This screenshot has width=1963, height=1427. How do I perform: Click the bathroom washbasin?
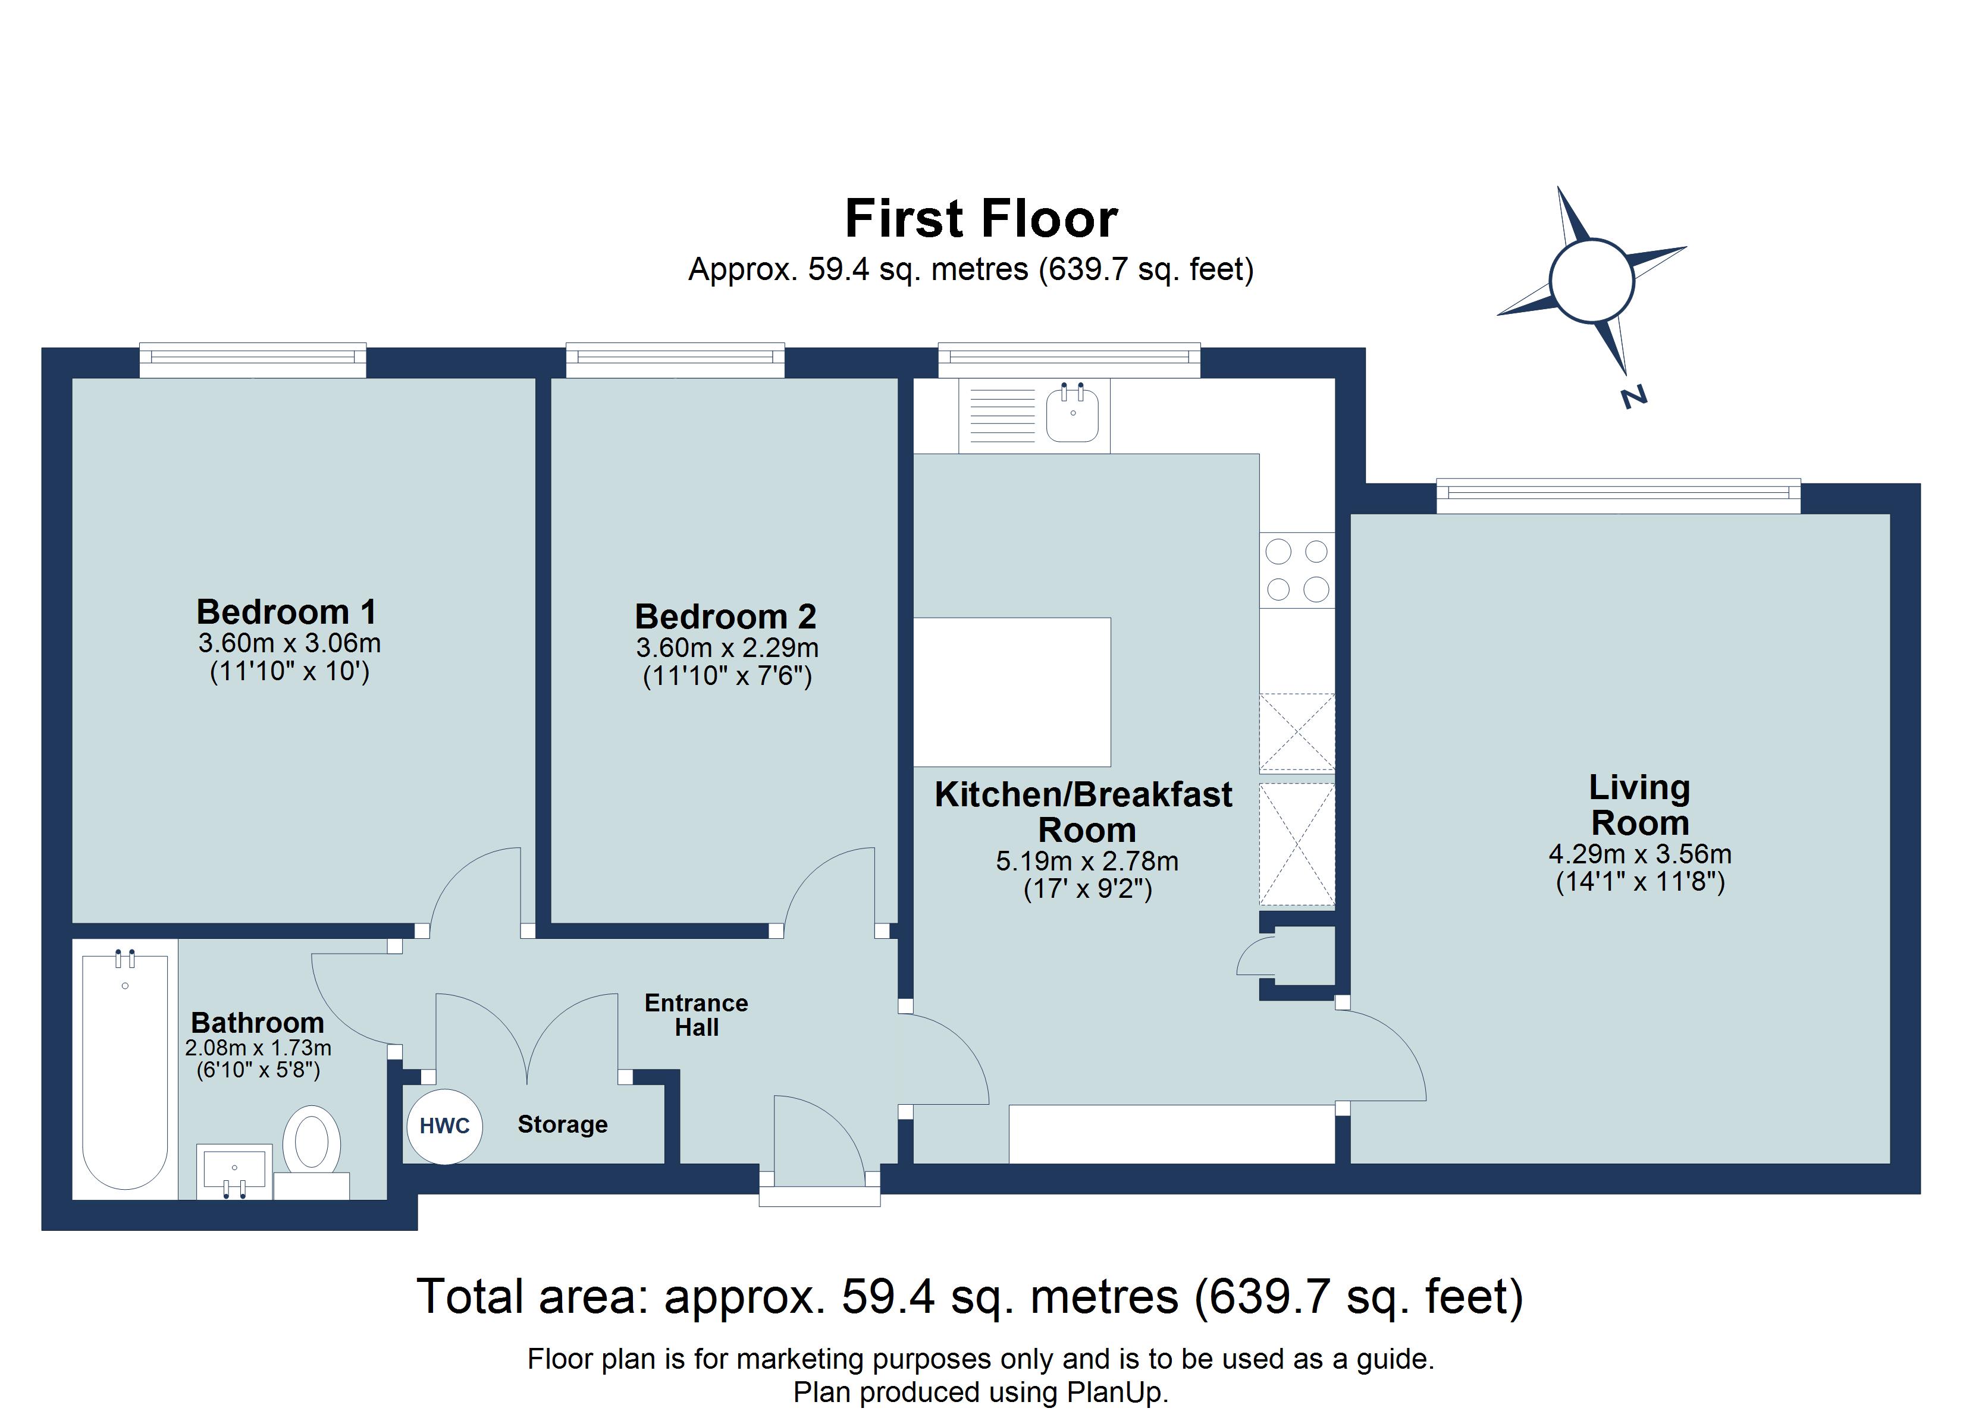coord(234,1170)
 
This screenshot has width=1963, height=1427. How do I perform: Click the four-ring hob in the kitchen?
coord(1297,570)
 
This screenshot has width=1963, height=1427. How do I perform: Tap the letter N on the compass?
coord(1632,397)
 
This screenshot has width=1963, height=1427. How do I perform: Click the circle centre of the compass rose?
coord(1591,281)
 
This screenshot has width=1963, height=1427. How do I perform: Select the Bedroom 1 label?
coord(287,612)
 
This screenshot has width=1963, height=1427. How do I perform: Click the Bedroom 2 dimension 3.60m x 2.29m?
coord(727,648)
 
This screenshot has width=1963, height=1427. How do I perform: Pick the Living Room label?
coord(1639,805)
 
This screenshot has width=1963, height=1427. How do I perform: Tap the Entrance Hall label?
coord(696,1015)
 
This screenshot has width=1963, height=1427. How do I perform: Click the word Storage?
coord(563,1124)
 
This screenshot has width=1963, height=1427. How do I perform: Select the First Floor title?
coord(981,218)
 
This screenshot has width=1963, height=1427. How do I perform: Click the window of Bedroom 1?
coord(253,360)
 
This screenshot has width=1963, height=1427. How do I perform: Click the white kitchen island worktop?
coord(1012,692)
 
